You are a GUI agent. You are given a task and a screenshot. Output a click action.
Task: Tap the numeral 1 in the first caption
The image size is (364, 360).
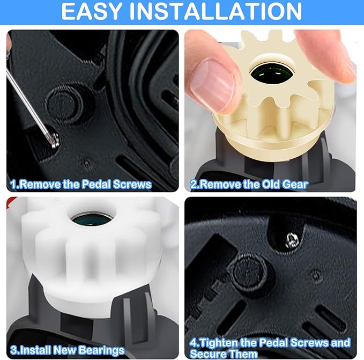tap(12, 185)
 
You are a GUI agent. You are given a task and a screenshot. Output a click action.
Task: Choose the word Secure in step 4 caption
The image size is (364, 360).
tap(210, 354)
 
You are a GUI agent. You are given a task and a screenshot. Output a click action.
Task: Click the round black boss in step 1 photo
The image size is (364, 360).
tap(64, 101)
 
